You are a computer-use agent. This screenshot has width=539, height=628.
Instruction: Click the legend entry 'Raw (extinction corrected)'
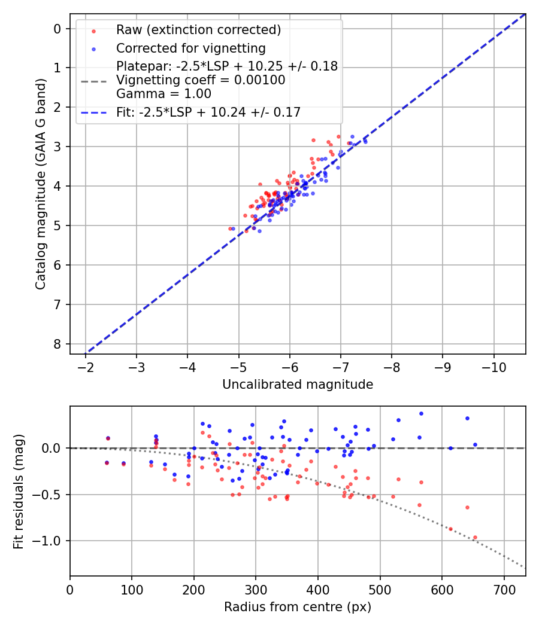pos(198,30)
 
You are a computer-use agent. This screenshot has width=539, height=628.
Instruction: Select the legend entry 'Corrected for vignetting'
pos(191,48)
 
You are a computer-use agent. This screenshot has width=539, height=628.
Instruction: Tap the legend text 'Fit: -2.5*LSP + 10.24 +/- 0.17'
pos(208,112)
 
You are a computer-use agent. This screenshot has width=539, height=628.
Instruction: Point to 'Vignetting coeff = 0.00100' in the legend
pos(201,80)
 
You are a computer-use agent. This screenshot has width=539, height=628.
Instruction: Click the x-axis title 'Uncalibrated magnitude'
pos(298,385)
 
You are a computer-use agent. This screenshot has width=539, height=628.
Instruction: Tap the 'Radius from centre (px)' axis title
pos(298,607)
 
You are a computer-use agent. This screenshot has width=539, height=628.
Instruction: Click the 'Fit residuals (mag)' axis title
pos(19,491)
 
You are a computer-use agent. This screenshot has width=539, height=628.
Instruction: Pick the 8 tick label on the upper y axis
pos(57,344)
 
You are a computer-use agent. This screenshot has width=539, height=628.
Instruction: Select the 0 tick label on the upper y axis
pos(57,29)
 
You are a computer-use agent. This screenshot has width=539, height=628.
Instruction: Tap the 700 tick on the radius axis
pos(504,589)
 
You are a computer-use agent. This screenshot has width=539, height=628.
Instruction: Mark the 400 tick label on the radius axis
pos(318,589)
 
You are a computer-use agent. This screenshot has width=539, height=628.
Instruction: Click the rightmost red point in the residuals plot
pos(475,537)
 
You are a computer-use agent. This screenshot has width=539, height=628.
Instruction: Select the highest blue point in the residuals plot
pos(421,413)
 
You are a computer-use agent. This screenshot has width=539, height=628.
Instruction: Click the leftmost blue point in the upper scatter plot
pos(233,228)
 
